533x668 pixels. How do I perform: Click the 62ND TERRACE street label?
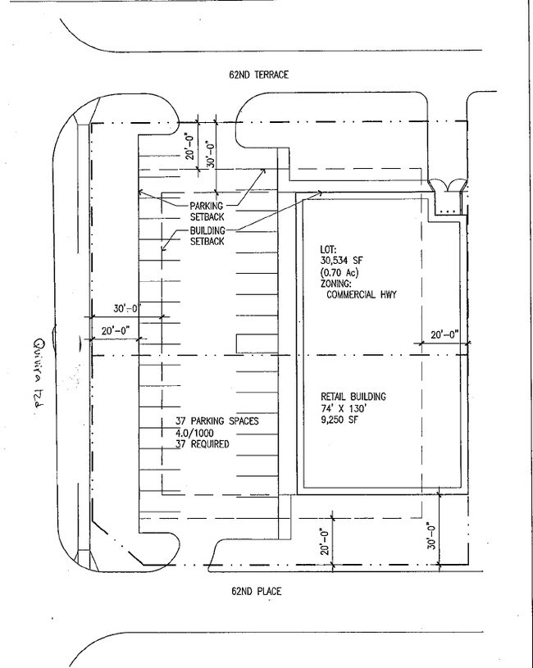click(258, 75)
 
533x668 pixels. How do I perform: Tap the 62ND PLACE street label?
click(257, 591)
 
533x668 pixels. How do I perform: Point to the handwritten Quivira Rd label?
click(40, 374)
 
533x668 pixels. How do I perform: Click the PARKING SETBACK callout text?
click(207, 211)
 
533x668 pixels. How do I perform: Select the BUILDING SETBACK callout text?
click(207, 236)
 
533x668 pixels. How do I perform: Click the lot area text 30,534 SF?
click(342, 261)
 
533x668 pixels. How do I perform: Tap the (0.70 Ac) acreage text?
click(339, 272)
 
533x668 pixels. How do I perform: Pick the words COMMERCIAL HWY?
click(362, 294)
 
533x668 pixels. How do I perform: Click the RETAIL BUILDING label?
click(353, 397)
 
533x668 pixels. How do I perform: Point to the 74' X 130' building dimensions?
click(344, 408)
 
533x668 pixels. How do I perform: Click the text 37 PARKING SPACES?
click(217, 421)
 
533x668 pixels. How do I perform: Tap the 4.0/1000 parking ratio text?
click(194, 433)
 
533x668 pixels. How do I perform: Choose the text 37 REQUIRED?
click(203, 444)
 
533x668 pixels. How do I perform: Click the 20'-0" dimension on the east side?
click(444, 335)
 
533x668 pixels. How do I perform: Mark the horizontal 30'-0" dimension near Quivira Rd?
click(127, 308)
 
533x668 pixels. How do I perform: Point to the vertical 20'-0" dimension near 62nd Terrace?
click(190, 146)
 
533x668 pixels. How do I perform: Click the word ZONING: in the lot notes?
click(335, 284)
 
